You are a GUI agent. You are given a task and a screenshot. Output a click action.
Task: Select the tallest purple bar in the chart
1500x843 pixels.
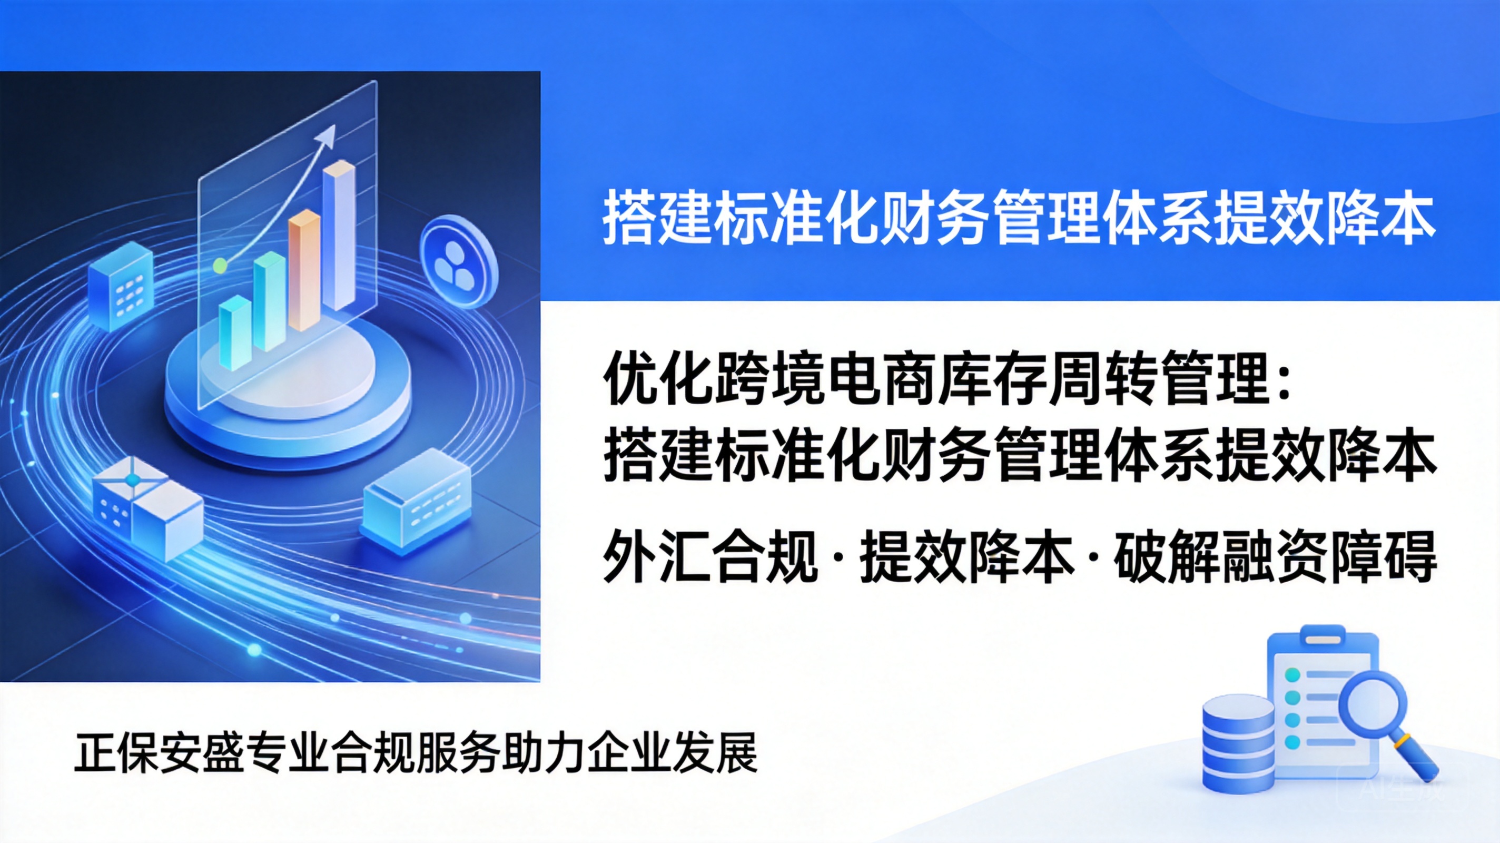[x=340, y=237]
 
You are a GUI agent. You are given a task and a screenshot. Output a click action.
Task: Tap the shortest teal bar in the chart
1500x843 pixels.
[x=235, y=332]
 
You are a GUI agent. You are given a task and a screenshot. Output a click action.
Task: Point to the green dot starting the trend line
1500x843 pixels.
[x=220, y=266]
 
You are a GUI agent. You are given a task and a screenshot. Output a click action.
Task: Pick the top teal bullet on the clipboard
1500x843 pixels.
[x=1292, y=674]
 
